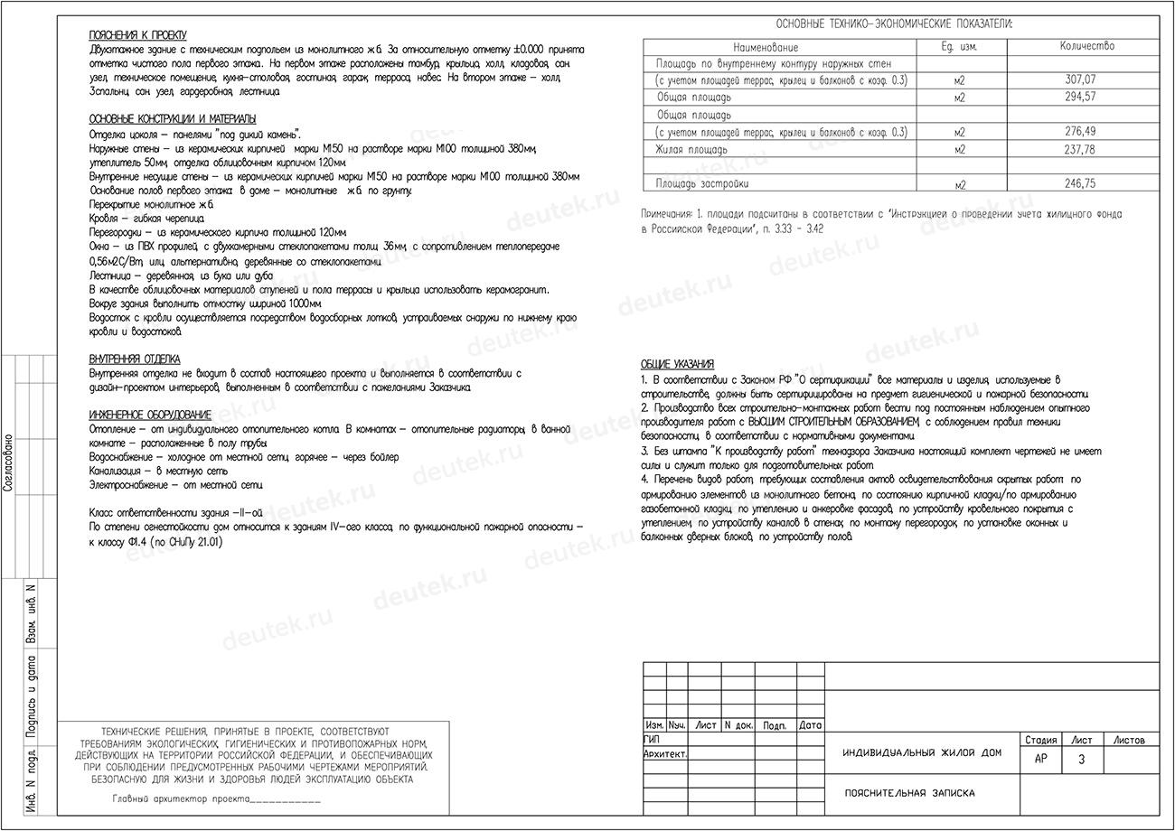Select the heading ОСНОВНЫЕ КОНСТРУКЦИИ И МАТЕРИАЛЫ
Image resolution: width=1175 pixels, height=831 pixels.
172,118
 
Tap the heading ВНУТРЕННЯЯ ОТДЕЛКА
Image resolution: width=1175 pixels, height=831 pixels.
134,359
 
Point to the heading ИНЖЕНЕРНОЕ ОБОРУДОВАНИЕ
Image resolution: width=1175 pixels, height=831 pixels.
150,415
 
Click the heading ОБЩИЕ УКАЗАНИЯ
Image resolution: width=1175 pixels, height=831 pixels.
677,364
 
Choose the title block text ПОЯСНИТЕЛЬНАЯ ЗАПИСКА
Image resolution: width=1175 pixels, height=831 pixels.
909,793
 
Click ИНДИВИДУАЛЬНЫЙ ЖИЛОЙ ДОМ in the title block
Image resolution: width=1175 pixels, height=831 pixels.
922,753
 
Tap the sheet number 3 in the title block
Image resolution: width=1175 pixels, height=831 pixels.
1081,760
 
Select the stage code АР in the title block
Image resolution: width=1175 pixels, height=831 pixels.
1040,760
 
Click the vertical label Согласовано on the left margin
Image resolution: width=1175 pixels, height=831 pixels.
8,462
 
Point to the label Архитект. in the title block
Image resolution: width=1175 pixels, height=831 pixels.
665,753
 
